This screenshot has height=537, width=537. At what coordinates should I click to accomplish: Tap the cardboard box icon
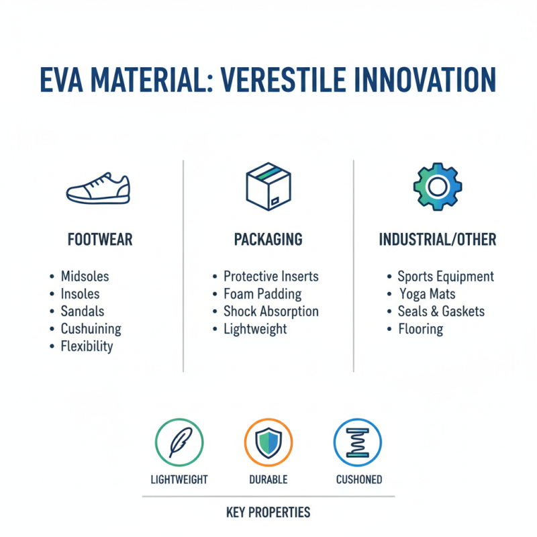tap(268, 187)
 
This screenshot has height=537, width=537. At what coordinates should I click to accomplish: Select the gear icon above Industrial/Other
tap(437, 187)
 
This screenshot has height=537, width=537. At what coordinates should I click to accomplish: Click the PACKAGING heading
tap(268, 240)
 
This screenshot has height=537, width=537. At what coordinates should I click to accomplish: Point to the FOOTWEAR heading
tap(100, 240)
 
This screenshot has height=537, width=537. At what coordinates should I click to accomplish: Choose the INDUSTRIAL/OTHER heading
tap(437, 240)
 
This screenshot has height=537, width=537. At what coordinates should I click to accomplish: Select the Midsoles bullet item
tap(85, 277)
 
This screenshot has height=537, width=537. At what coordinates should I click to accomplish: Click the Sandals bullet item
tap(83, 311)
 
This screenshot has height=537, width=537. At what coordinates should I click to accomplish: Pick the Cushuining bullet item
tap(91, 329)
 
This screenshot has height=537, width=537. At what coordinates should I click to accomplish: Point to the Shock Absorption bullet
tap(271, 311)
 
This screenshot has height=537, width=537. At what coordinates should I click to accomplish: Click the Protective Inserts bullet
tap(271, 277)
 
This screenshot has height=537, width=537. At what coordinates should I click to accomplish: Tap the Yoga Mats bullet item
tap(428, 294)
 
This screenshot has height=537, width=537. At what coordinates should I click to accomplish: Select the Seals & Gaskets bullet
tap(441, 311)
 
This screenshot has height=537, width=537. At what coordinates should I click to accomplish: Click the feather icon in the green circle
tap(179, 442)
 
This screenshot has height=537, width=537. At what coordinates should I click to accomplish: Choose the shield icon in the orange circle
tap(268, 442)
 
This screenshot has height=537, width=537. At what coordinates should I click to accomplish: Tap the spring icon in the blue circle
tap(358, 442)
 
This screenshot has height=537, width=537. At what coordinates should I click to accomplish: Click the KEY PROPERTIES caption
tap(268, 513)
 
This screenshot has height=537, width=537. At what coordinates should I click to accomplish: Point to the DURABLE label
tap(268, 479)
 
